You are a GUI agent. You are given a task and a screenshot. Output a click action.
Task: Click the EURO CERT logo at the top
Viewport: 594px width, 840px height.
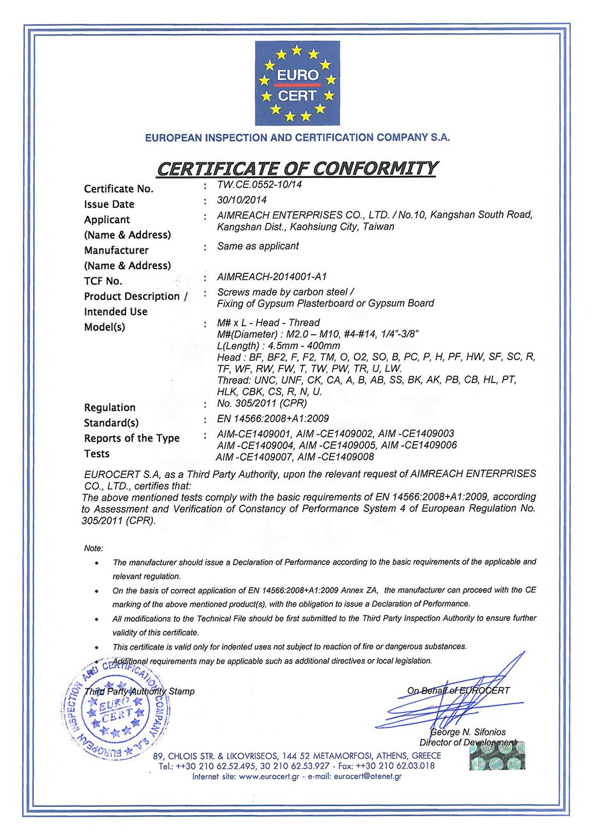coord(297,83)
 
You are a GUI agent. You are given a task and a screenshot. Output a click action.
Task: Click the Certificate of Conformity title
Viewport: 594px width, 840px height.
coord(296,168)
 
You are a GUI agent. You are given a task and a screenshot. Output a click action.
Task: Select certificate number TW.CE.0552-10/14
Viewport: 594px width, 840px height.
coord(259,184)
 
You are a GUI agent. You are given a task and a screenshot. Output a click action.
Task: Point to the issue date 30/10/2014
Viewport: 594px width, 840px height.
coord(242,200)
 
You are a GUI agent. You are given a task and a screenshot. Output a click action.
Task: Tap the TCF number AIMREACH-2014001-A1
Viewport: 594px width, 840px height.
coord(272,277)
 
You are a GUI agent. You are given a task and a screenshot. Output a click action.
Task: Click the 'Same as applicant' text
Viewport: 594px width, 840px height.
coord(258,246)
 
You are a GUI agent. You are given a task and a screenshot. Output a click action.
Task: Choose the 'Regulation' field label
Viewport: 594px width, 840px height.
coord(110,407)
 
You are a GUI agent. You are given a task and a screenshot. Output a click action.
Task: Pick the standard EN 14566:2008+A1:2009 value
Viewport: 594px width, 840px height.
coord(273,418)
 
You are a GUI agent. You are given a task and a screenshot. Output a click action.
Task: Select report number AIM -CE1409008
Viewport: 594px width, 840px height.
coord(336,457)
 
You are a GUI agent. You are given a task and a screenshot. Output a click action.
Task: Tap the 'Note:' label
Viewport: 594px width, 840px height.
coord(93,548)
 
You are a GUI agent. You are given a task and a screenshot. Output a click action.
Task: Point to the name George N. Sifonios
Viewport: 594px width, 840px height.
coord(468,732)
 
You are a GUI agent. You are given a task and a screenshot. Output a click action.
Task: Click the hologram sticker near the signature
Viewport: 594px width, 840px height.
coord(497,756)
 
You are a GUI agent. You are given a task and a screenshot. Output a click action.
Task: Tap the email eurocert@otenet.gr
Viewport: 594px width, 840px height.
coord(368,776)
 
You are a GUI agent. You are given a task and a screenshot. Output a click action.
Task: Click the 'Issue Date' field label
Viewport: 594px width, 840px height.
coord(109,204)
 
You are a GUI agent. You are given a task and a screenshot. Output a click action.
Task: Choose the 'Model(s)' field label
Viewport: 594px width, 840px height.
coord(104,327)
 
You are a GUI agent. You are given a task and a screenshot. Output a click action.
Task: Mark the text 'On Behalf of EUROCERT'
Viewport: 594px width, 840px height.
coord(458,690)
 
